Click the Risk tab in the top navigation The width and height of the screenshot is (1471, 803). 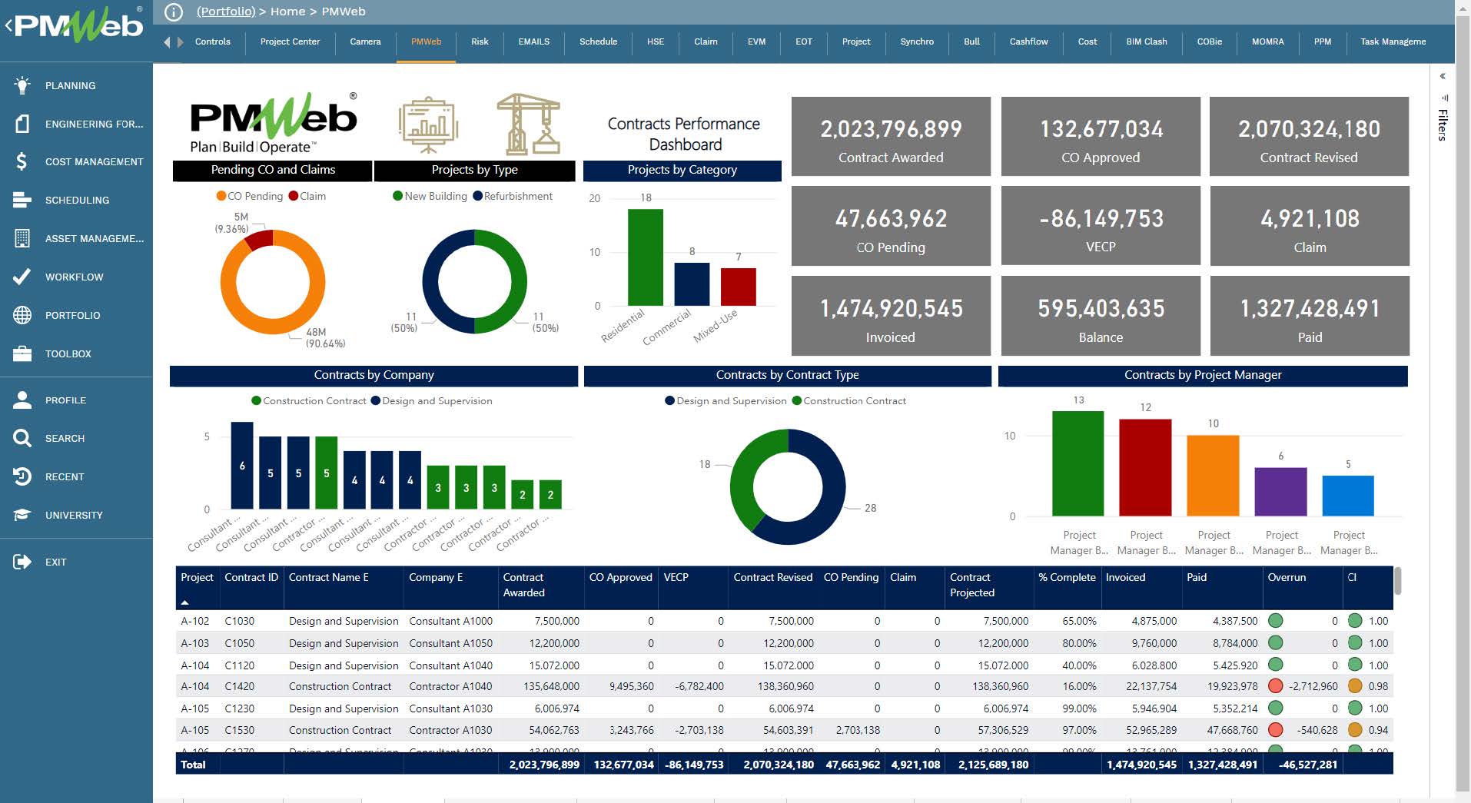480,41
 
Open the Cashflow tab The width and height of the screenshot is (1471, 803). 1028,41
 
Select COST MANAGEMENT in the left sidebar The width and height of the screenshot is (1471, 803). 94,162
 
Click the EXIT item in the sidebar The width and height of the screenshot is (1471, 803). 55,562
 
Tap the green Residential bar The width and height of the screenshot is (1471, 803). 645,257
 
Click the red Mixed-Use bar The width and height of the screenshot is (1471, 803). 738,287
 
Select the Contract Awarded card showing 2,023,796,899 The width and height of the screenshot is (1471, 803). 891,137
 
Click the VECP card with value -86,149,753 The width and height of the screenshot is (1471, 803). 1101,226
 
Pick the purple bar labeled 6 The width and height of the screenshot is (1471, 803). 1280,492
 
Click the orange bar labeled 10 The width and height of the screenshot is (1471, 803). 1213,475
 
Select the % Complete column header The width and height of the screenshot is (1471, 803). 1066,578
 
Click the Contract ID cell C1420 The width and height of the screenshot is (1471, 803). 239,687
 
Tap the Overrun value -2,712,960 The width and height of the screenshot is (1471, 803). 1313,687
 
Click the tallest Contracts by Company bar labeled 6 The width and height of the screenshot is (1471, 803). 242,465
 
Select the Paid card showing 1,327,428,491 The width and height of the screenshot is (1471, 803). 1309,317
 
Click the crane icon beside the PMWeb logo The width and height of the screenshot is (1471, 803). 528,124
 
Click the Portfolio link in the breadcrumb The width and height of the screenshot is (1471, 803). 225,12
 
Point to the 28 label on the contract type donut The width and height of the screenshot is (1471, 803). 870,509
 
